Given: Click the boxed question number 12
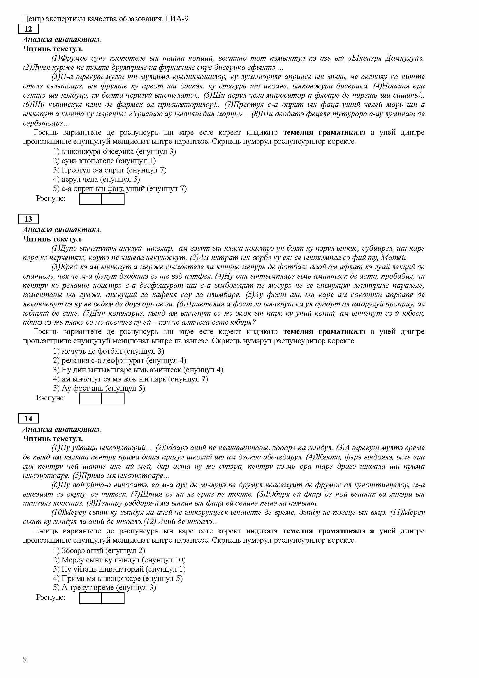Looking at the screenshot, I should click(28, 29).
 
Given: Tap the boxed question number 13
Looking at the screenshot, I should click(28, 219).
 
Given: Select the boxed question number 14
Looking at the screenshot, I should click(28, 419).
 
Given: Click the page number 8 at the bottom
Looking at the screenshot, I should click(25, 660).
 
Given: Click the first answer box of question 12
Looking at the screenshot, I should click(90, 199).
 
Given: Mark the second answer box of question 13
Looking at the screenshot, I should click(113, 398).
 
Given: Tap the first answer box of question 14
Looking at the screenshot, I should click(90, 598).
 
